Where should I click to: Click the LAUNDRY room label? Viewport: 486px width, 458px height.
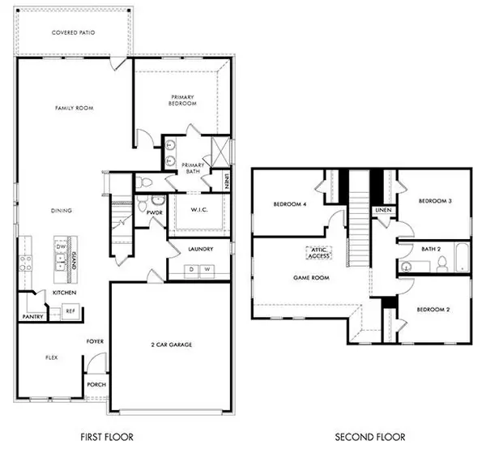(199, 250)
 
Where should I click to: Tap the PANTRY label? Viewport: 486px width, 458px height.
(32, 317)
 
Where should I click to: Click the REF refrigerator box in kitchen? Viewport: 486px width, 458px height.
(70, 310)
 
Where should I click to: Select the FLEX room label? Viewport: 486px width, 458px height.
(31, 356)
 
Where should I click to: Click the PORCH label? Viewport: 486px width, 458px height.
(96, 385)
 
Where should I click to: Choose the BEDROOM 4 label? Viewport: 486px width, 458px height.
(288, 204)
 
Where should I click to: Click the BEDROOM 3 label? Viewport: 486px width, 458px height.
(434, 200)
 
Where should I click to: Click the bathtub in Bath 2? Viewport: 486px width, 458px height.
(461, 260)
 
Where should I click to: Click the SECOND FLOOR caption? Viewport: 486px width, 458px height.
(370, 438)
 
